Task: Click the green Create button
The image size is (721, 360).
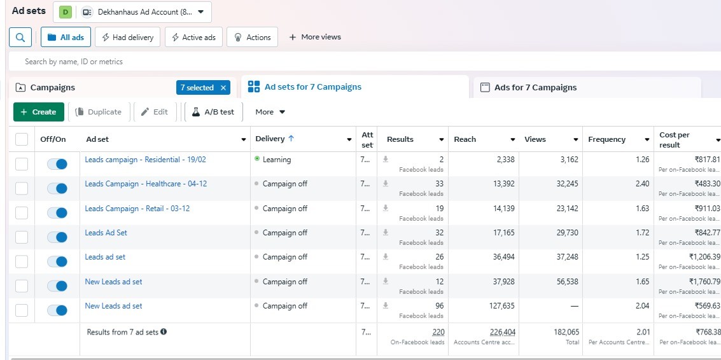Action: tap(39, 112)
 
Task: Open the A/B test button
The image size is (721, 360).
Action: tap(213, 112)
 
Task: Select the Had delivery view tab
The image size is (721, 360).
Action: tap(127, 38)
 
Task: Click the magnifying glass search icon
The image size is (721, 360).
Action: tap(20, 38)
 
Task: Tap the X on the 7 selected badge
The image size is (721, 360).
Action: tap(223, 87)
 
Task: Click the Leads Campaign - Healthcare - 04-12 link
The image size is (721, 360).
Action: tap(146, 184)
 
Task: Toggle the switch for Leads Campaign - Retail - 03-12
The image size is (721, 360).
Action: tap(57, 213)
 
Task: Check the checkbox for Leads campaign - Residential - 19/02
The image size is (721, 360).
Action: tap(22, 163)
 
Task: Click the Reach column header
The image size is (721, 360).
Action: tap(465, 139)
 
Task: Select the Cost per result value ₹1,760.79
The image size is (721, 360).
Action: tap(704, 281)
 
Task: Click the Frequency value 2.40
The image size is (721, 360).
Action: tap(642, 184)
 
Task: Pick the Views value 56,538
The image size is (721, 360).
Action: tap(568, 281)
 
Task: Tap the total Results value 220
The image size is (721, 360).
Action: tap(438, 332)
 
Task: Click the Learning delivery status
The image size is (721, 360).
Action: tap(277, 160)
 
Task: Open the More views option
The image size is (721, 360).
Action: tap(315, 38)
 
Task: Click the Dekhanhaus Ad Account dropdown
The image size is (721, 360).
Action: tap(132, 12)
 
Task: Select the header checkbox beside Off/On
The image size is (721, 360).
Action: tap(22, 139)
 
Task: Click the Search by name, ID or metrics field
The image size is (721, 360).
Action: tap(74, 62)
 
